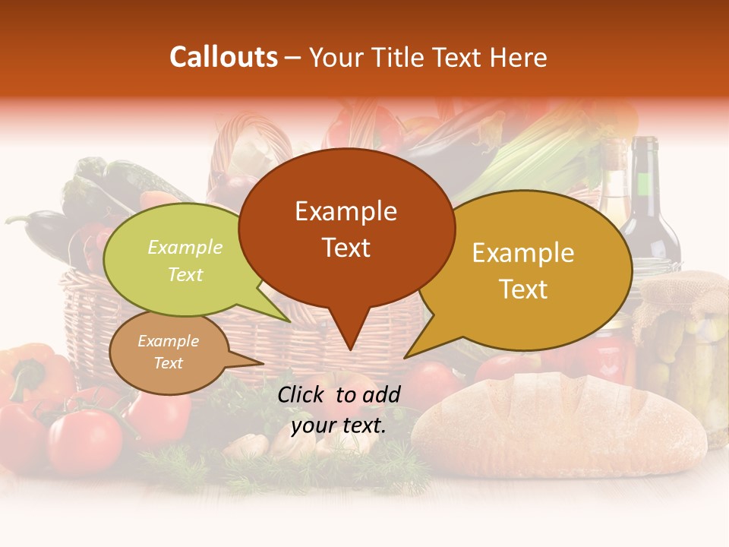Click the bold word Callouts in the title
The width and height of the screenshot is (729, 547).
point(223,58)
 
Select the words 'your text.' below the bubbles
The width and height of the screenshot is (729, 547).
point(339,425)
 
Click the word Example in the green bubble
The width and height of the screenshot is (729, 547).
point(185,248)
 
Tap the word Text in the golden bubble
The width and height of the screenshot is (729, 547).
point(523,289)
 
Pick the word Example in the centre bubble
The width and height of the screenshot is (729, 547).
point(346,211)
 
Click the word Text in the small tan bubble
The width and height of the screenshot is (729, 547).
point(168,363)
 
